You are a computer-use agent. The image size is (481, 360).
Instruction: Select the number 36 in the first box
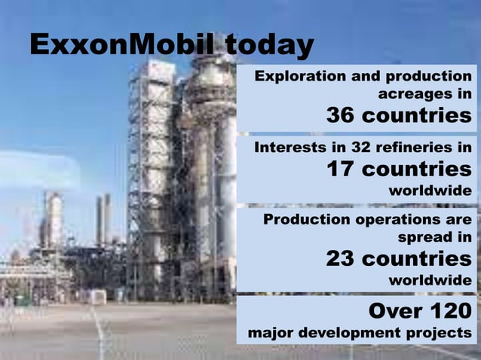pyautogui.click(x=341, y=116)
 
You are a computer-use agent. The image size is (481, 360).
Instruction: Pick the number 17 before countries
pyautogui.click(x=341, y=169)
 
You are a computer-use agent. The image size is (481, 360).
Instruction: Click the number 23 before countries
pyautogui.click(x=341, y=258)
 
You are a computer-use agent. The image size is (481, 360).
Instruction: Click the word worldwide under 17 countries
pyautogui.click(x=430, y=191)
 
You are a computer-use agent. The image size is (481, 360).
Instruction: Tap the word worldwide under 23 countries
pyautogui.click(x=430, y=280)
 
